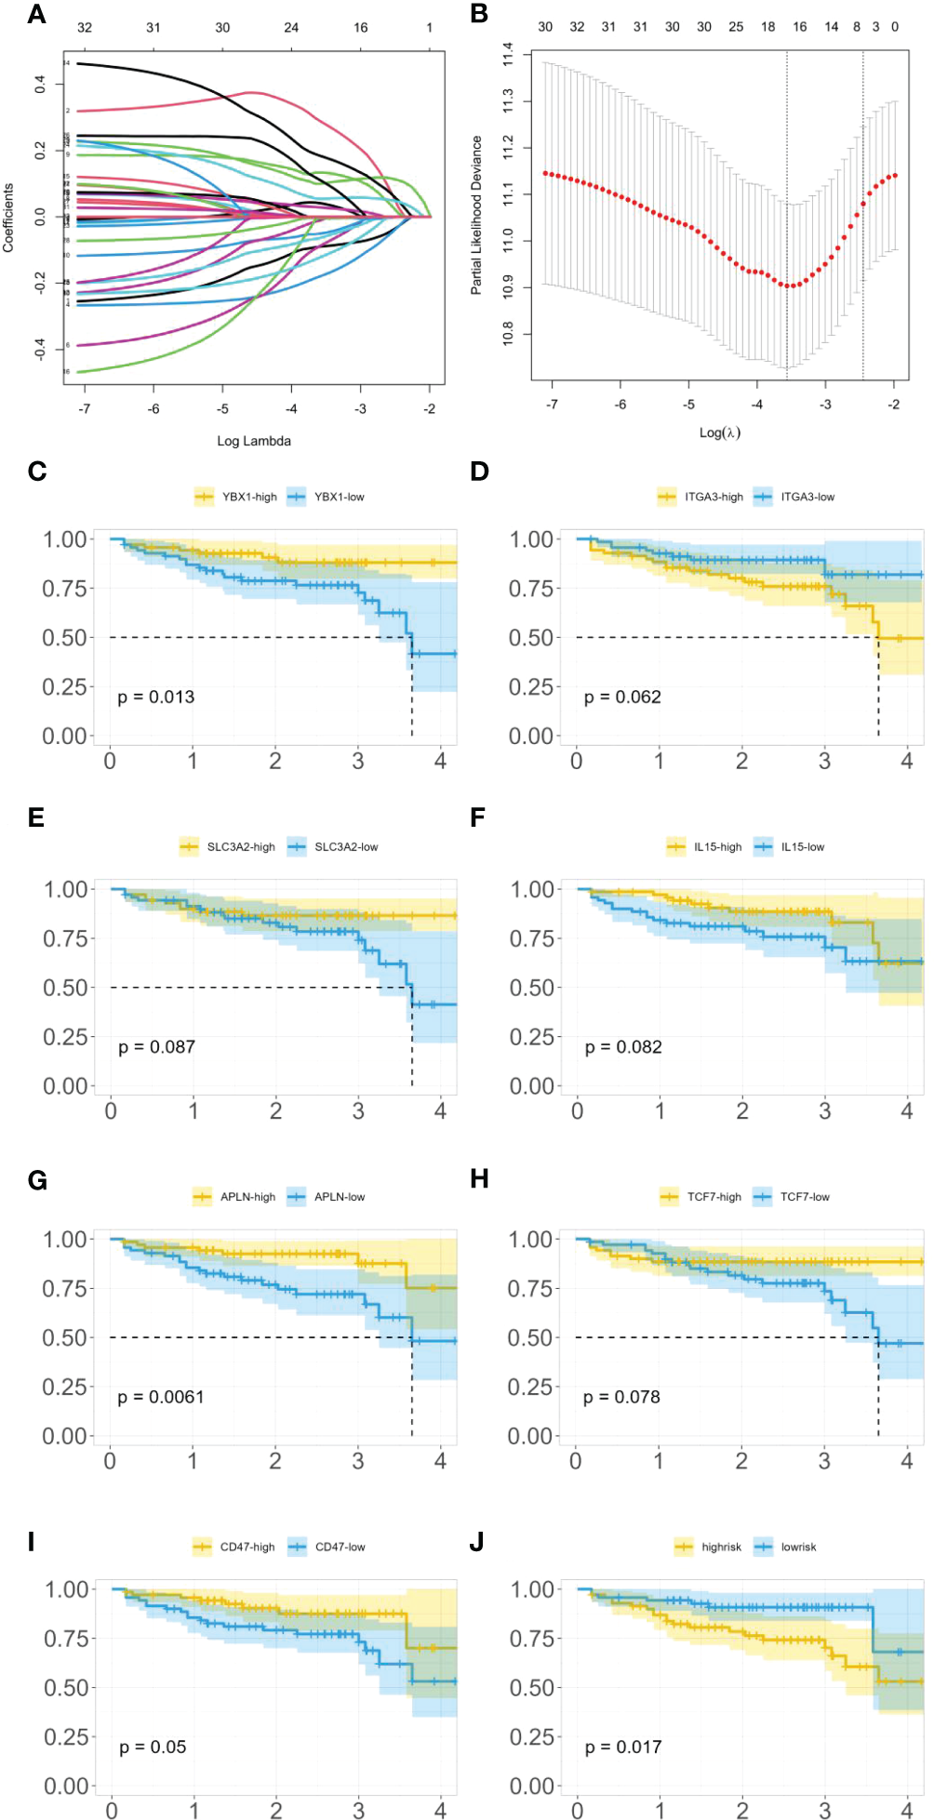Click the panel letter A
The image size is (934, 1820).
click(37, 14)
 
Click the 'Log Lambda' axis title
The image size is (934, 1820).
click(254, 441)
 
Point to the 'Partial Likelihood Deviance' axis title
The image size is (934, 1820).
click(476, 215)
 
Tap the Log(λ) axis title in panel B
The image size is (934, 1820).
click(720, 432)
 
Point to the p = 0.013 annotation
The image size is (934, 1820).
click(156, 697)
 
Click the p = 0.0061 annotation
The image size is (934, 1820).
click(161, 1397)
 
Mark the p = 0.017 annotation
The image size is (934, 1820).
click(623, 1747)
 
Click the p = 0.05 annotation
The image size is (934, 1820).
click(153, 1747)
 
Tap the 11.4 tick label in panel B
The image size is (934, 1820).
click(507, 54)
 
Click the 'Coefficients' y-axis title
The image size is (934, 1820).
click(8, 218)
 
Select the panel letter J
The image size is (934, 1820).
click(477, 1542)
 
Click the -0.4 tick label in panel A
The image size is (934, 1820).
click(40, 349)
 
